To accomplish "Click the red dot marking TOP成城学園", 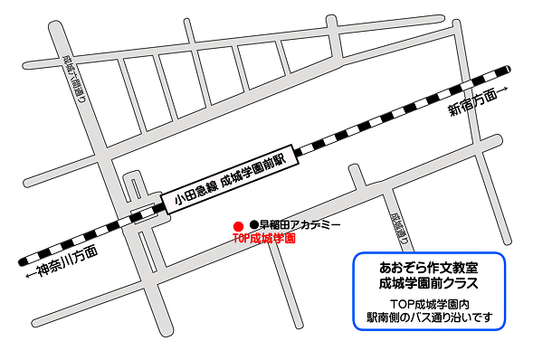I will click(x=237, y=224).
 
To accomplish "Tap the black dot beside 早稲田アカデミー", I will click(x=254, y=224).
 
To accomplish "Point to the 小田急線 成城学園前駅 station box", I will click(x=227, y=181).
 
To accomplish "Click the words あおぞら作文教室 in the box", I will click(x=428, y=268).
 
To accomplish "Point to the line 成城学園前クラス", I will click(x=428, y=283).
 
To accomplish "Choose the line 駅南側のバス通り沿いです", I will click(x=428, y=318).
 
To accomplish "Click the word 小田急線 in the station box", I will click(x=193, y=193).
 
